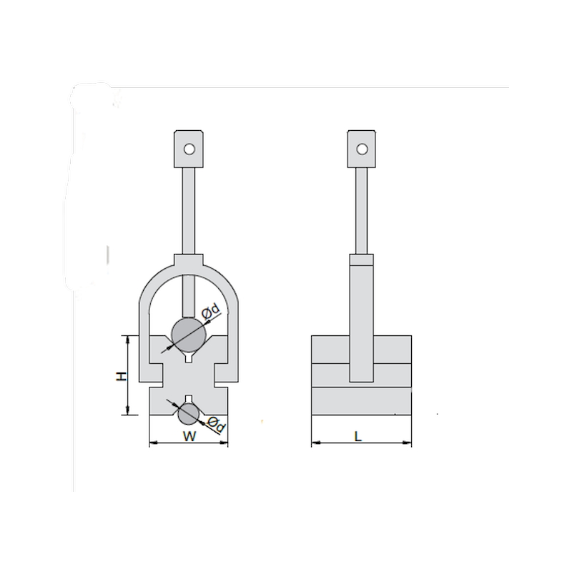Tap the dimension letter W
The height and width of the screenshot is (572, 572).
click(x=189, y=436)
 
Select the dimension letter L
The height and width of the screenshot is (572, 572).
click(x=358, y=436)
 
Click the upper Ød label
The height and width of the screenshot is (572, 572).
click(x=211, y=312)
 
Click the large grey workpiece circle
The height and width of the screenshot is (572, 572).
click(x=189, y=335)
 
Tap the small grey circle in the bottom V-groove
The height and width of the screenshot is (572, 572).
click(x=188, y=414)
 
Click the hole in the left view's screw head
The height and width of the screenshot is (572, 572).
click(x=189, y=149)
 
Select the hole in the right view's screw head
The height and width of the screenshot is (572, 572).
click(x=362, y=149)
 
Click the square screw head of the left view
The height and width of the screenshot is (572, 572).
click(x=189, y=149)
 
